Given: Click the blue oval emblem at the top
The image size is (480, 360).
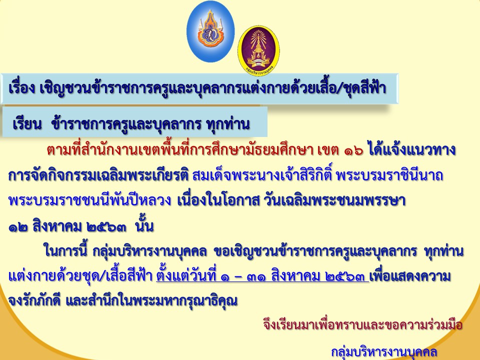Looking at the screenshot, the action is [x=210, y=31].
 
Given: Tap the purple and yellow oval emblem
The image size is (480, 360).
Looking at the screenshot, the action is [x=258, y=50].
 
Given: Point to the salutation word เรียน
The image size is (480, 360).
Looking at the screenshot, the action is [x=27, y=124].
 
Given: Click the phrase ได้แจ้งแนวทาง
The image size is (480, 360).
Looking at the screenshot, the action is [x=412, y=149].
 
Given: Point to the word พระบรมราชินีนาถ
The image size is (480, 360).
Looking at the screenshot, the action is [x=389, y=175].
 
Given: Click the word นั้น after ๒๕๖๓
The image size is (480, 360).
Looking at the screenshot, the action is [x=144, y=225].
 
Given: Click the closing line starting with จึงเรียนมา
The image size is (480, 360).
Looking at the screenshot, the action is [x=362, y=324].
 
